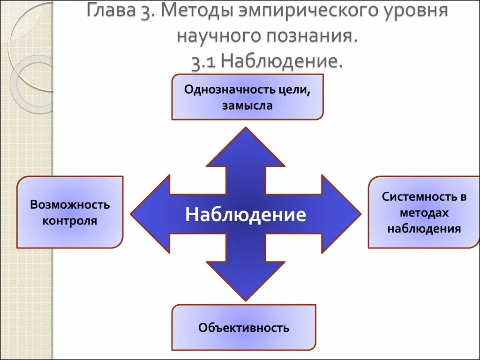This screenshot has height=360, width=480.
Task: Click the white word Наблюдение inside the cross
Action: click(x=246, y=215)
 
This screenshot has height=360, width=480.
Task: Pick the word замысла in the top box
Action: click(x=247, y=105)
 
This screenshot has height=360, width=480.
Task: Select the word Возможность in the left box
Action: click(x=70, y=205)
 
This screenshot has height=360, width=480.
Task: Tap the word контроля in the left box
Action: click(x=70, y=221)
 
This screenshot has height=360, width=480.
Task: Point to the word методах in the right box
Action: click(x=424, y=213)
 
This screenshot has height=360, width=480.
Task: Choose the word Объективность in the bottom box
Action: click(x=244, y=328)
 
